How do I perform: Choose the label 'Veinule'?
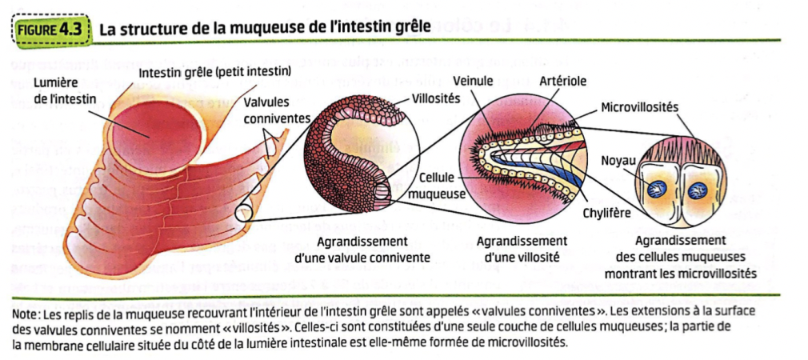[473, 82]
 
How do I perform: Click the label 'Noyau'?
[617, 160]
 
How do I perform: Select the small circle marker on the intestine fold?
[244, 213]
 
